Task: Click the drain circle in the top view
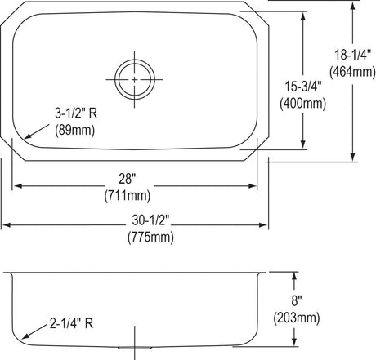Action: click(x=135, y=60)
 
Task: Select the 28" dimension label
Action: click(x=127, y=179)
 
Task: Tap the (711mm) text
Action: click(x=128, y=196)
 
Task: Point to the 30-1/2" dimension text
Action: click(x=150, y=220)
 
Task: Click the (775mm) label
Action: click(x=150, y=237)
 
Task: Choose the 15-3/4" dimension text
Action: click(x=303, y=87)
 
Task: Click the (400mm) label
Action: click(x=303, y=104)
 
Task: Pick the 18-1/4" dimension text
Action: click(x=352, y=55)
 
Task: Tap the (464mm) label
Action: click(x=352, y=72)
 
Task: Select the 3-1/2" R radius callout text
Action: click(x=76, y=113)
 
